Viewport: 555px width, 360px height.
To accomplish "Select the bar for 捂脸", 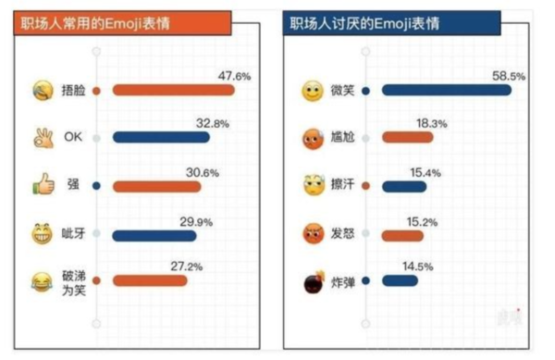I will click(173, 91).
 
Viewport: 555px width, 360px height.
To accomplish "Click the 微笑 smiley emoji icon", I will click(312, 91).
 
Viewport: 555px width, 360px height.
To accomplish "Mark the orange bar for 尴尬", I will click(407, 138).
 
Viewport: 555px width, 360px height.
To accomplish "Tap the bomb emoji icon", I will click(312, 281).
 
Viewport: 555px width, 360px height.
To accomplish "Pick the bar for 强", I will click(156, 185).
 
